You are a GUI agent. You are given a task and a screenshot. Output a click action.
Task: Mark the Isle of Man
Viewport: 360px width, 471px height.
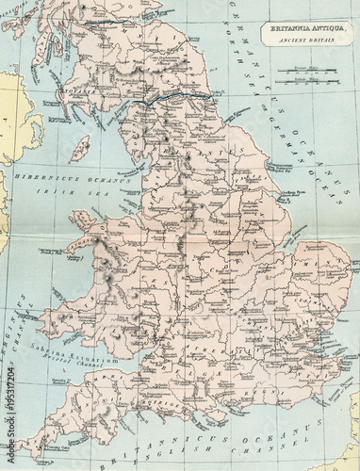tap(81, 147)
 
